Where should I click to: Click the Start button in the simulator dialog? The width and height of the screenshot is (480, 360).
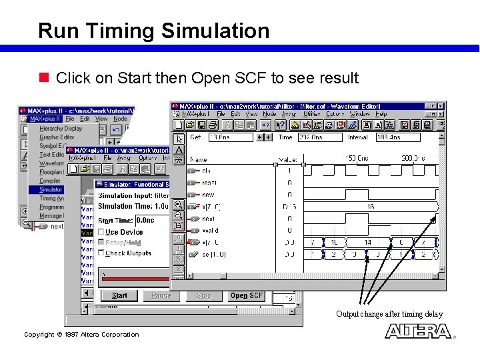click(120, 295)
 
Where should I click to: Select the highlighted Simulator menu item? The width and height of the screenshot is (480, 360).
click(51, 189)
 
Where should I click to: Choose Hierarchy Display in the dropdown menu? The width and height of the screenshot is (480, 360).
click(61, 129)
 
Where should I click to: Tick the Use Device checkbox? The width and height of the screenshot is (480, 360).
click(101, 232)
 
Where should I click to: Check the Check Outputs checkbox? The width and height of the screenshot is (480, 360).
click(101, 253)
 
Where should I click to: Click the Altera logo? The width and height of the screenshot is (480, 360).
click(418, 331)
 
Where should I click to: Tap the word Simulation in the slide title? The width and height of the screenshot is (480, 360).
click(215, 31)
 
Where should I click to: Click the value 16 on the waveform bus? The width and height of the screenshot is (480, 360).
click(371, 207)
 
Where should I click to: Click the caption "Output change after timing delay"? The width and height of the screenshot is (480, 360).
click(389, 314)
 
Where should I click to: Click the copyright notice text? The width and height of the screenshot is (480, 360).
click(81, 335)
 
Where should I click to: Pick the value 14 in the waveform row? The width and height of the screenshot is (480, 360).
click(367, 243)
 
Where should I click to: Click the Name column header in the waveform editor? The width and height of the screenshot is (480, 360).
click(199, 159)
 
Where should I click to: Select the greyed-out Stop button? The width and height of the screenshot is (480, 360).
click(204, 295)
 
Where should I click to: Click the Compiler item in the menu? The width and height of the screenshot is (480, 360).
click(49, 181)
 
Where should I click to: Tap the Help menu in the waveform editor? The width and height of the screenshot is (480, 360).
click(381, 115)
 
